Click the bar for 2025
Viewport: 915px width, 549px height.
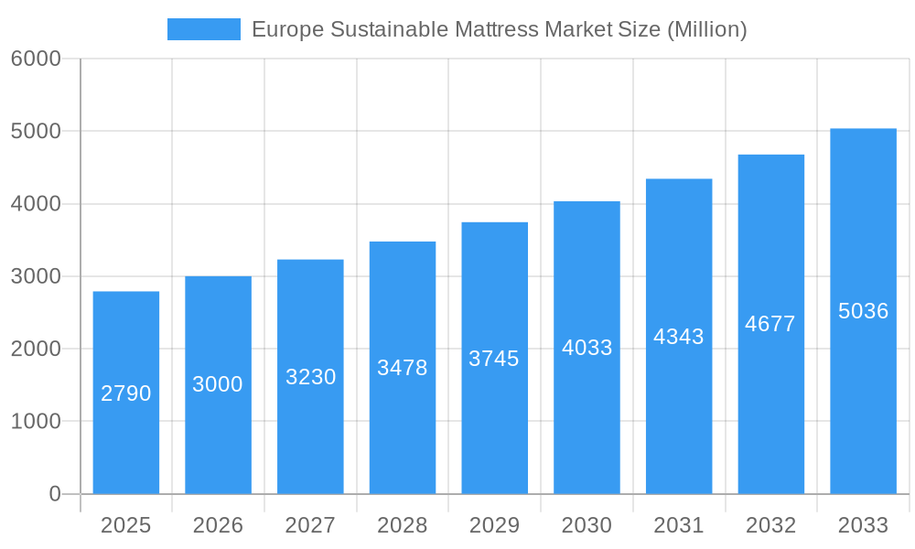(x=126, y=439)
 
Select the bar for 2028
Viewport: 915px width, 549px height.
(x=403, y=430)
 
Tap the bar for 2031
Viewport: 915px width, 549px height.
(x=679, y=412)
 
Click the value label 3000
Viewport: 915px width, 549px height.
(x=218, y=384)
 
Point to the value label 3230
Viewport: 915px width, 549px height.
(x=311, y=377)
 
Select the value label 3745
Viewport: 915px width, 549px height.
(x=494, y=359)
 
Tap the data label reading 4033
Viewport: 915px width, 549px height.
(x=587, y=348)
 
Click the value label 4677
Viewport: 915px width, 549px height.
(x=770, y=324)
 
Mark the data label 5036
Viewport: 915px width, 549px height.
(x=863, y=311)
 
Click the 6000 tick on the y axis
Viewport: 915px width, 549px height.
(x=36, y=59)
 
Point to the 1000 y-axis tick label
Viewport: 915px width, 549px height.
(x=36, y=422)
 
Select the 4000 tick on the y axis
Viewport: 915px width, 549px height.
(x=36, y=204)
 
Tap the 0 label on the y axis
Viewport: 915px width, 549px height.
(x=54, y=494)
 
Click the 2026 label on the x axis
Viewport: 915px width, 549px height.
(x=218, y=525)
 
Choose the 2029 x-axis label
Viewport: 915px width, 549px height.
(x=494, y=525)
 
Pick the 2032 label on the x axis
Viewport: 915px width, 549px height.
(x=770, y=525)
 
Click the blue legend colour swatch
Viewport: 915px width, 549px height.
(x=203, y=29)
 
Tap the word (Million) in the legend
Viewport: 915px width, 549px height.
(x=707, y=29)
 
